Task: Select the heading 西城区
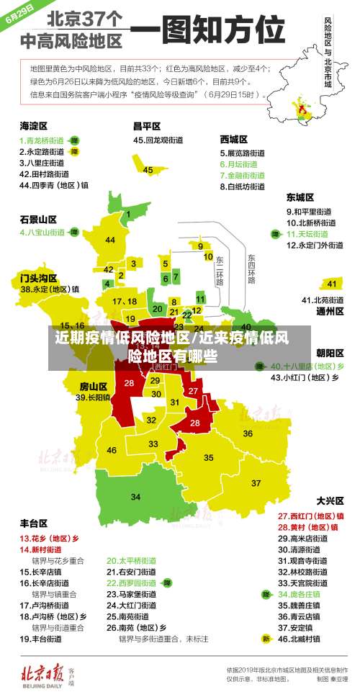tap(233, 138)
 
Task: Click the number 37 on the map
tap(256, 482)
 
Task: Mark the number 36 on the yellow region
tap(247, 433)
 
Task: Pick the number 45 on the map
tap(148, 170)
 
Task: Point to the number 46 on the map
tap(112, 450)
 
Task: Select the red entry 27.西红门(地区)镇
tap(310, 516)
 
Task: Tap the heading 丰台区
tap(34, 523)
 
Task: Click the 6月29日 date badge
tap(21, 15)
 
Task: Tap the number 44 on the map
tap(110, 240)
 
